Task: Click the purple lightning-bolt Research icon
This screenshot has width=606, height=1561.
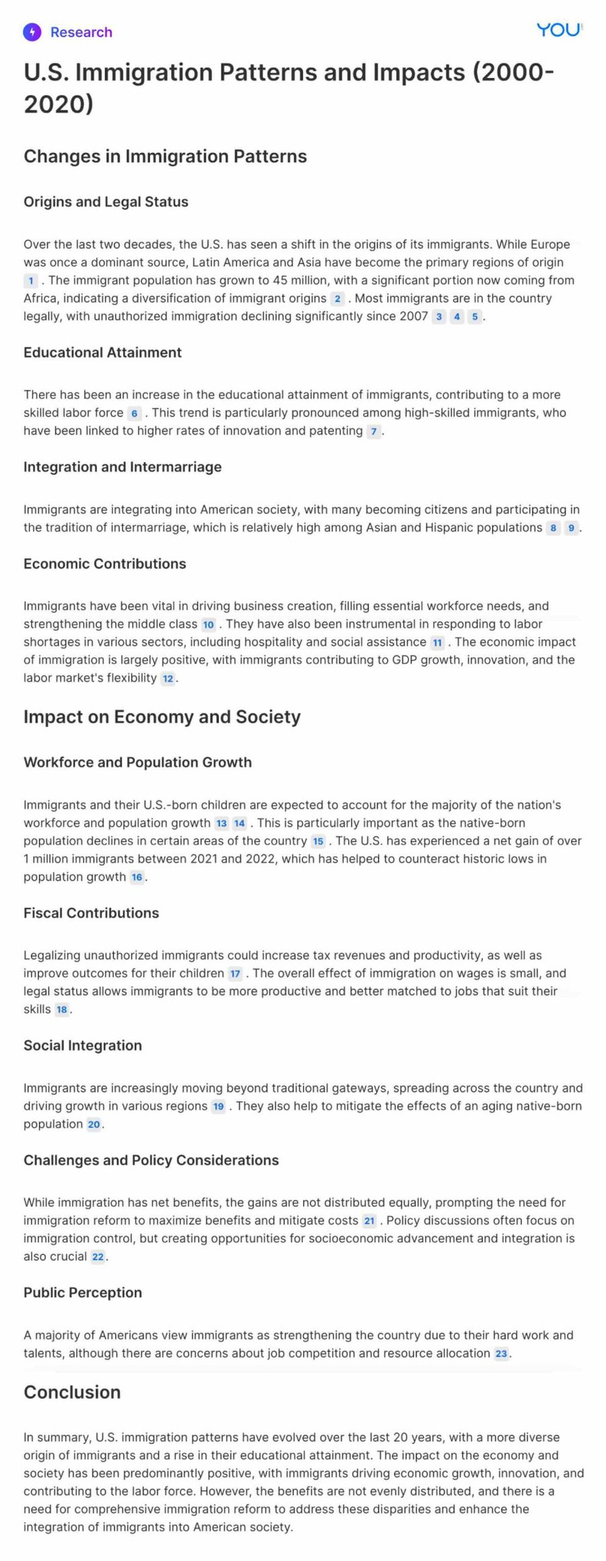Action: [32, 32]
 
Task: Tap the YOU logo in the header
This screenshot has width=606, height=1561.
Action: [558, 30]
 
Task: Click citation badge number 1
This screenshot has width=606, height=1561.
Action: [30, 280]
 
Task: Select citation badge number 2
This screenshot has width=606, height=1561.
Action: [337, 298]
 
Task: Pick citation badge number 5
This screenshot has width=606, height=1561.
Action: [475, 317]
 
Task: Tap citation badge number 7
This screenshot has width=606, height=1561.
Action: [374, 431]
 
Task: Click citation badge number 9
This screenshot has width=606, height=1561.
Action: [571, 528]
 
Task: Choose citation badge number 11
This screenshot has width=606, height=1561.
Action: [438, 642]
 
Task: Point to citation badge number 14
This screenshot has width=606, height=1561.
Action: [239, 823]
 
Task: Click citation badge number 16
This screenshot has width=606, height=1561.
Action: [137, 877]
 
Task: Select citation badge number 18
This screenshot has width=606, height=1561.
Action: [62, 1009]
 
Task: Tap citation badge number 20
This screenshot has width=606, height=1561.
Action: [94, 1124]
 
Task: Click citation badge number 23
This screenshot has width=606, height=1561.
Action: [501, 1353]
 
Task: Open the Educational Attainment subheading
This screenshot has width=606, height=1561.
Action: [102, 352]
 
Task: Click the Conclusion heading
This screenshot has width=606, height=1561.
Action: [72, 1392]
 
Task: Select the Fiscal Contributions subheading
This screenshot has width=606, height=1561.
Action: [91, 913]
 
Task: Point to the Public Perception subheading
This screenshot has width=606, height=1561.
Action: [83, 1292]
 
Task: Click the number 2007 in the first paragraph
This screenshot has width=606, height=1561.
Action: [412, 316]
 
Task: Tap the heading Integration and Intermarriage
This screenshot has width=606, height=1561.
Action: [123, 467]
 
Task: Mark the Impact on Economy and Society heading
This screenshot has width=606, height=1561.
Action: [162, 716]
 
